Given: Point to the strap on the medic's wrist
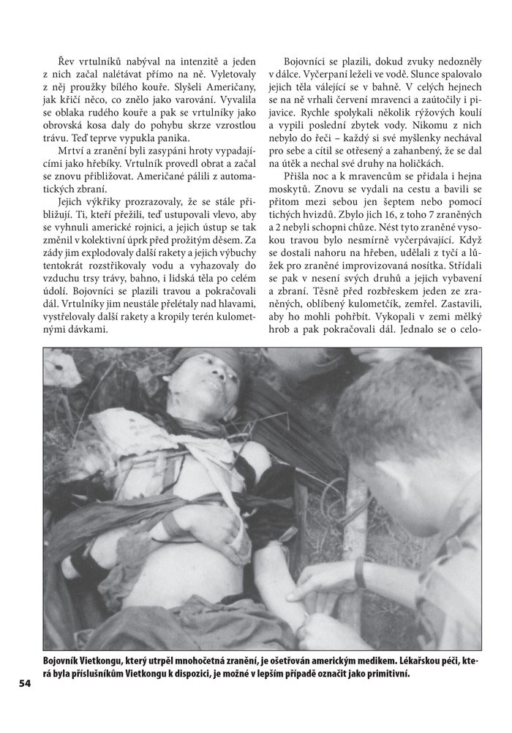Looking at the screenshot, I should [x=360, y=572].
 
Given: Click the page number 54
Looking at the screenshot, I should [x=25, y=684].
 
